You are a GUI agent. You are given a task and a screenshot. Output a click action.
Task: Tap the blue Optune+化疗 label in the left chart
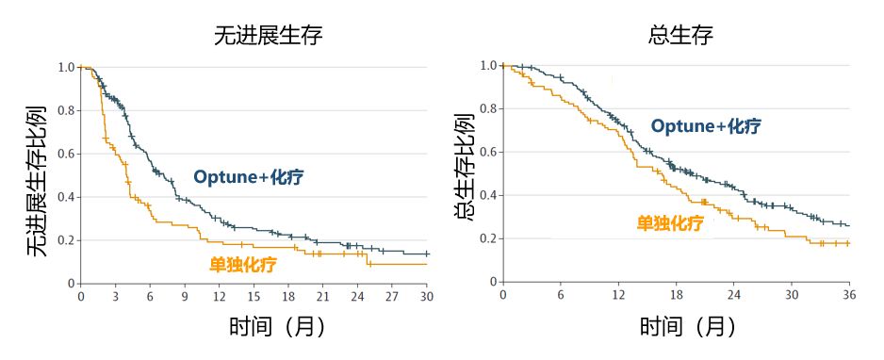[x=249, y=177]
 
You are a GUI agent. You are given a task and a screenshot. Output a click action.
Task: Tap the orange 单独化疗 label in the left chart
[x=243, y=265]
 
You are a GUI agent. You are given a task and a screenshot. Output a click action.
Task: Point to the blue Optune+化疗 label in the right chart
[x=706, y=126]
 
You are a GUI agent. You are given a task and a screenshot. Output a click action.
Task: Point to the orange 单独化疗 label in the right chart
[x=670, y=223]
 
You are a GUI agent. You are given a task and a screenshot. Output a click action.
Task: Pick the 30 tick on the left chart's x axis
[x=426, y=296]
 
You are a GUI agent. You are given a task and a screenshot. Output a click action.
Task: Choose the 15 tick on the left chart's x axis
[x=254, y=296]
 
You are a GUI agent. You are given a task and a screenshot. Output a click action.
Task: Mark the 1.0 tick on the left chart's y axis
[x=65, y=68]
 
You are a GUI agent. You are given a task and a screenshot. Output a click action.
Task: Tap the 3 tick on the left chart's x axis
[x=116, y=296]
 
